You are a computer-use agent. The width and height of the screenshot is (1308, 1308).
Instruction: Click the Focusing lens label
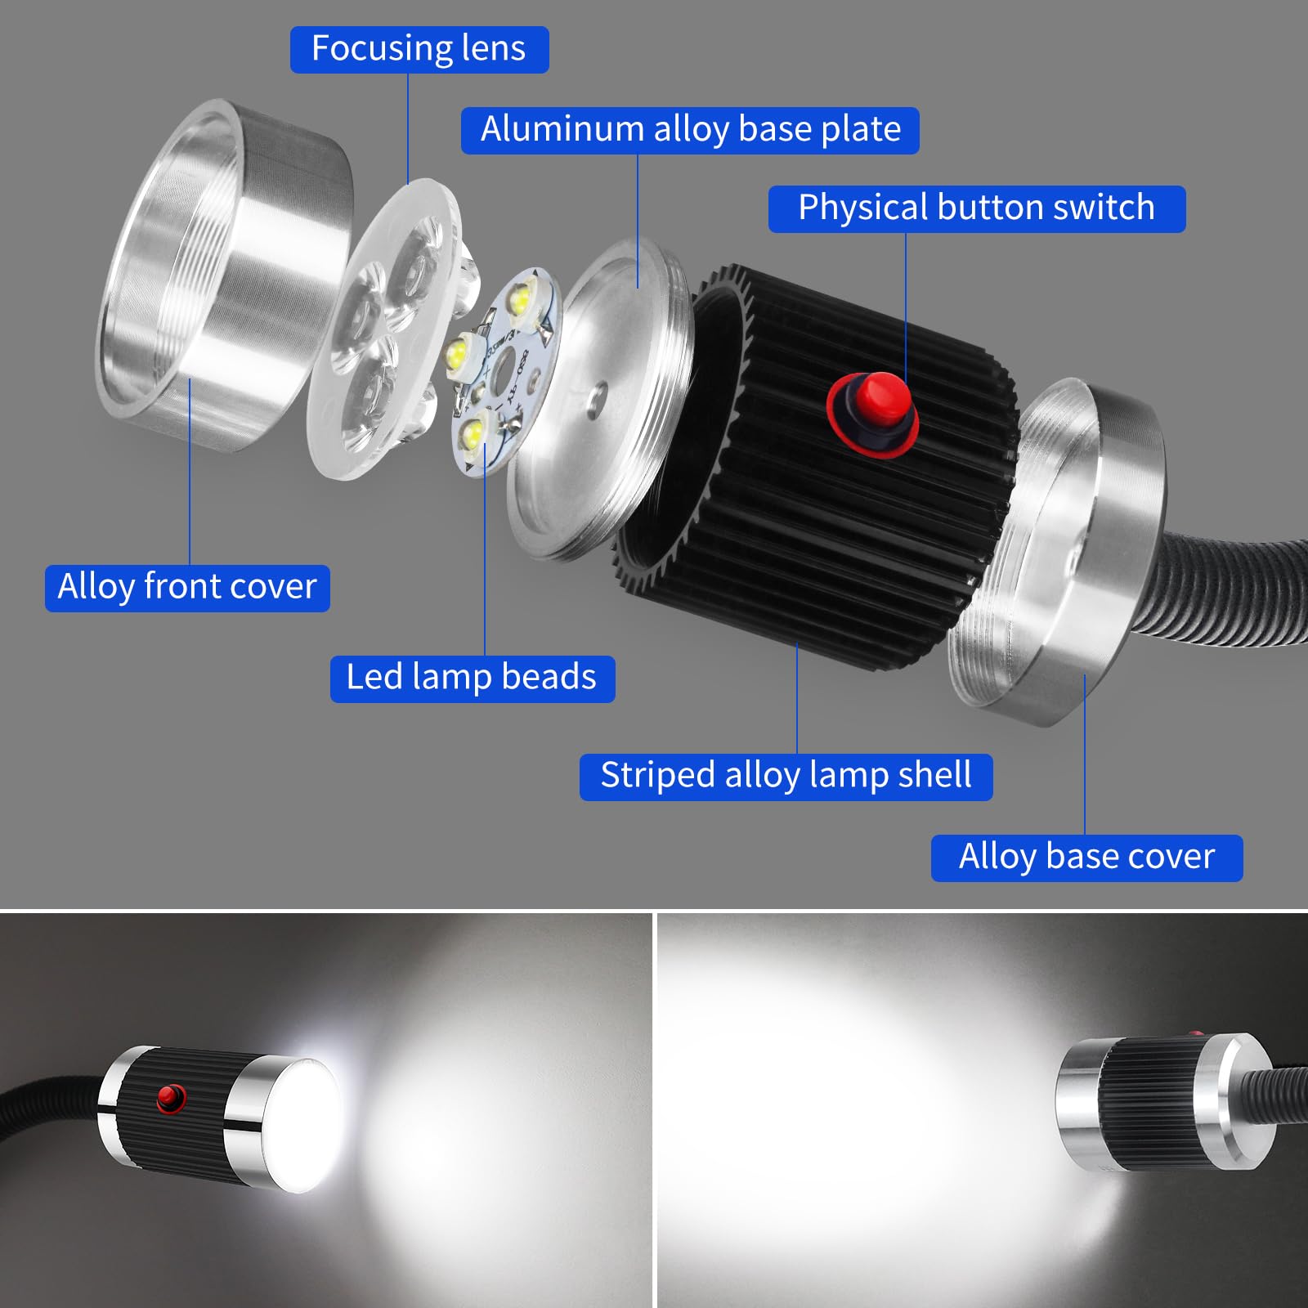[x=419, y=49]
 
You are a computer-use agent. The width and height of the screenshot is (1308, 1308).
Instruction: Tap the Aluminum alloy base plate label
[x=690, y=130]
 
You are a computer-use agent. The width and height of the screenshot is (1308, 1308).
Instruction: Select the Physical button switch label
[x=976, y=208]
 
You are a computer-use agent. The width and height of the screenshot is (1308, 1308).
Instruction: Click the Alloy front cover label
[x=187, y=588]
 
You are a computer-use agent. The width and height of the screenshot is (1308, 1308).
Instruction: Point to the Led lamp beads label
[x=472, y=679]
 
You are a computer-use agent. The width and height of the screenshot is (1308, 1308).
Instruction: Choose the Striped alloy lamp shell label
[x=786, y=777]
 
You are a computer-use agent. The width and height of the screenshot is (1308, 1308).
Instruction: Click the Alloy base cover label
[x=1086, y=858]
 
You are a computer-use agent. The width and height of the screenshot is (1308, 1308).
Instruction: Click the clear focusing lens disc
[x=384, y=327]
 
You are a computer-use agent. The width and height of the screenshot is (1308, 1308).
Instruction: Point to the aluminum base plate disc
[x=597, y=401]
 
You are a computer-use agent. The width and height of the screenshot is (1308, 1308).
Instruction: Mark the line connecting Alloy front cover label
[x=190, y=474]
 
